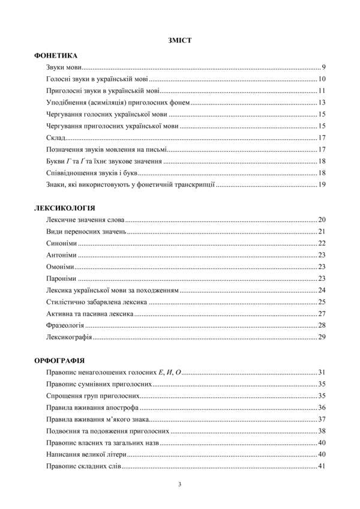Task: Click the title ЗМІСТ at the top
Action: click(x=180, y=41)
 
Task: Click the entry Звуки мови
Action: click(x=64, y=67)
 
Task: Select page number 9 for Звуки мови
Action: click(x=323, y=67)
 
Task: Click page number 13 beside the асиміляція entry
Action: click(x=322, y=102)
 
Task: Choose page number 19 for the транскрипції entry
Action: click(x=322, y=184)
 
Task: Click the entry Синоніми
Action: click(x=62, y=243)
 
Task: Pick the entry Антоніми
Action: click(x=61, y=255)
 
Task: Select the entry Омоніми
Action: click(x=60, y=267)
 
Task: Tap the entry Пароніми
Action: click(x=61, y=279)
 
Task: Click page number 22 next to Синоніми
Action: click(x=322, y=243)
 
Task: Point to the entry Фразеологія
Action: click(x=65, y=325)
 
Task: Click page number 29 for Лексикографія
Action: click(x=322, y=337)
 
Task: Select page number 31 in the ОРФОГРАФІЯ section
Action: click(x=322, y=373)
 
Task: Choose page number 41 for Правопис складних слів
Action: click(x=322, y=466)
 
